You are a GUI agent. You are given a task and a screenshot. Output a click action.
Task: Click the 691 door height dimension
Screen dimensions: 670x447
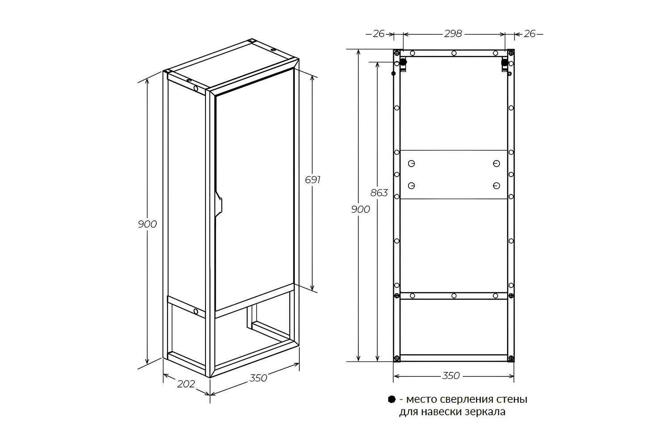click(313, 180)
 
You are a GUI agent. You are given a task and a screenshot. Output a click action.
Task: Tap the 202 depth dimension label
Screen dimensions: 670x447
click(186, 384)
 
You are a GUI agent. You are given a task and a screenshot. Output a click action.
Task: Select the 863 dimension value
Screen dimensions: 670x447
click(379, 193)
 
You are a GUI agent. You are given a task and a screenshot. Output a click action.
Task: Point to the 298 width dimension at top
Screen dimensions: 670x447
click(453, 34)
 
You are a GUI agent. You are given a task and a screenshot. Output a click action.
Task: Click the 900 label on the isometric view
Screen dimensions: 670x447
click(147, 224)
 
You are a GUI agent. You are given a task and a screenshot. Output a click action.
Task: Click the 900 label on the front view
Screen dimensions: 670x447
click(360, 209)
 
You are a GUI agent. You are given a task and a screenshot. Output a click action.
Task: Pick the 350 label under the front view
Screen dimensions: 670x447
click(451, 376)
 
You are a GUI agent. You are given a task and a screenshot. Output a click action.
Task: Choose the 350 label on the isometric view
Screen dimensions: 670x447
click(258, 378)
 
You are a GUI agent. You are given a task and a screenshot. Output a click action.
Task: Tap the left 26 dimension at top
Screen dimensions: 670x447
click(379, 34)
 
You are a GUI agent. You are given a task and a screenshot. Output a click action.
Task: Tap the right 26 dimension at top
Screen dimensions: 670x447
click(529, 34)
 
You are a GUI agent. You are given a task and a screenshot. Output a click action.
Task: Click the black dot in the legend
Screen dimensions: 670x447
click(392, 400)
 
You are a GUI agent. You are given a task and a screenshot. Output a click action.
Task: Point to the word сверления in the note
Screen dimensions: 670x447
click(463, 400)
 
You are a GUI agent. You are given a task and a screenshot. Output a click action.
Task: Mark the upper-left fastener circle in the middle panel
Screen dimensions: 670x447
click(411, 164)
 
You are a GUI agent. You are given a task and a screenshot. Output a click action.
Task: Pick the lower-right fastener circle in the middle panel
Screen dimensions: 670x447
click(496, 186)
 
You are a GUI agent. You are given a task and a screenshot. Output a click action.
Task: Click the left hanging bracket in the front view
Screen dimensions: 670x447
click(403, 64)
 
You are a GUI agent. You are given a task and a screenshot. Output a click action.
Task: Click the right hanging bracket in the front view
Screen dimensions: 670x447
click(505, 65)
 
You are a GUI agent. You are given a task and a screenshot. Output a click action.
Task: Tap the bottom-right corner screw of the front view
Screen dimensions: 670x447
click(511, 358)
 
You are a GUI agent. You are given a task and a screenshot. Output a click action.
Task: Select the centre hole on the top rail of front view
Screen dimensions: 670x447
click(454, 53)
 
